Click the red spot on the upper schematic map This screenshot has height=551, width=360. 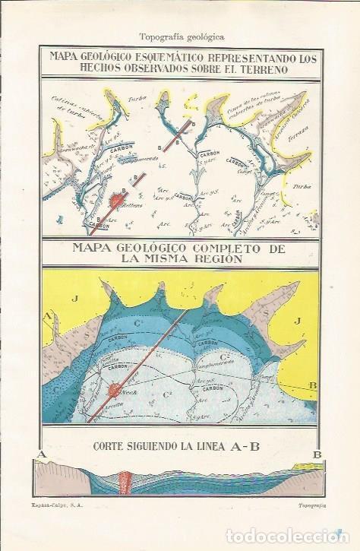(118, 201)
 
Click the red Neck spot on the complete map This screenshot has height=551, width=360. (115, 391)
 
